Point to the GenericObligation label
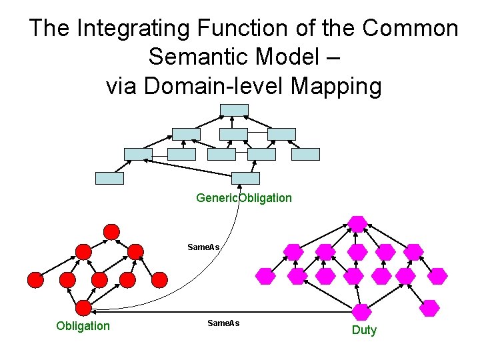click(243, 198)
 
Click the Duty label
click(364, 330)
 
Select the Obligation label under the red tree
click(83, 325)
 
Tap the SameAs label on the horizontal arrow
click(223, 323)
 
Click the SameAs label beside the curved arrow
click(204, 247)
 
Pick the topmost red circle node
click(112, 231)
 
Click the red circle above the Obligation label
click(83, 307)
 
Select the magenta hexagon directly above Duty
click(361, 311)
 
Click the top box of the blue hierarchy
click(235, 109)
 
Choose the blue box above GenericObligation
click(247, 178)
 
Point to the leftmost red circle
click(35, 280)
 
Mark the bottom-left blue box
click(110, 178)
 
